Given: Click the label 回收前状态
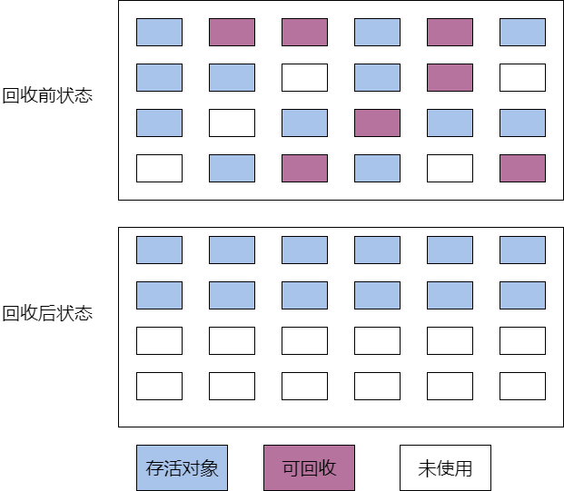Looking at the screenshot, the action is pos(47,95).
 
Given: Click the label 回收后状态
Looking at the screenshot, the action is pos(47,313).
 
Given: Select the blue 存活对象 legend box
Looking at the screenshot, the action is pos(182,467).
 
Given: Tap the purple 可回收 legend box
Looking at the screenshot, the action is pos(309,467).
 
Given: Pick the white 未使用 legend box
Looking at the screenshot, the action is pos(445,467).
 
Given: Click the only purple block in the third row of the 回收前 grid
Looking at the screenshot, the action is pos(377,123).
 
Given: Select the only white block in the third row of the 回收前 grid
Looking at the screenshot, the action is pos(232,123).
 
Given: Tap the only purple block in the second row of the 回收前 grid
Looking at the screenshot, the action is pos(450,78).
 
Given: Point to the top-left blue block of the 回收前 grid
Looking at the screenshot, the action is pos(159,33).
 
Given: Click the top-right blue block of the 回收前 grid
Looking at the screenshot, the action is pos(522,33).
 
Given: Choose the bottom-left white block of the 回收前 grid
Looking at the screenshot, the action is pos(159,168).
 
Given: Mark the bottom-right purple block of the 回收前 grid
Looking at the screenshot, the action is pos(522,168).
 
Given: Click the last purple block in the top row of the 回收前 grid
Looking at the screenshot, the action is pos(450,33).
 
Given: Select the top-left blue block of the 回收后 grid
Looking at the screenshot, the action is pos(159,250).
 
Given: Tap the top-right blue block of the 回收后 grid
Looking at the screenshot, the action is pos(522,250).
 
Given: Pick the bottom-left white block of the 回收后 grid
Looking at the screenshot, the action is pos(159,386).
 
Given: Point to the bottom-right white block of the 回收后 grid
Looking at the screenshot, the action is pos(522,386).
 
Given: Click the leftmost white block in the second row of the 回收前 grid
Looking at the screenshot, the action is pos(304,78).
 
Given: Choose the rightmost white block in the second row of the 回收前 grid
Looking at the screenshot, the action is pos(522,78).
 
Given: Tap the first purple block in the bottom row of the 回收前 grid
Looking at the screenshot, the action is pos(304,168).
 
